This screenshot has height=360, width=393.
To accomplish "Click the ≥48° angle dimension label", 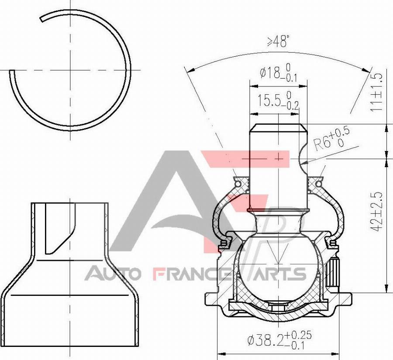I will pyautogui.click(x=278, y=42).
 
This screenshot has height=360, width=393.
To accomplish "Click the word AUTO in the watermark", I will pyautogui.click(x=113, y=274).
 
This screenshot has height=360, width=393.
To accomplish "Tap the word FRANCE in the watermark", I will pyautogui.click(x=192, y=274).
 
